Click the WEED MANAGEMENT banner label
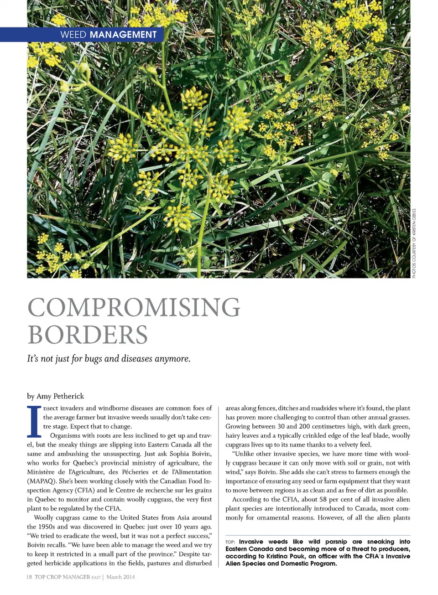pos(109,35)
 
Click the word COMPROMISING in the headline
pos(134,307)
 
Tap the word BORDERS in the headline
pos(88,335)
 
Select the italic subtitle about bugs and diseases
pos(109,359)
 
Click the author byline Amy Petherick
pos(55,396)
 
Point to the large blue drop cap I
pos(33,421)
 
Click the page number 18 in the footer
pos(29,577)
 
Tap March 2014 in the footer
pos(120,577)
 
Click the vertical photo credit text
pos(414,243)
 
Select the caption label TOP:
pos(230,542)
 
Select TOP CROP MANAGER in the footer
pos(62,577)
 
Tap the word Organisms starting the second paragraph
pos(65,435)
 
